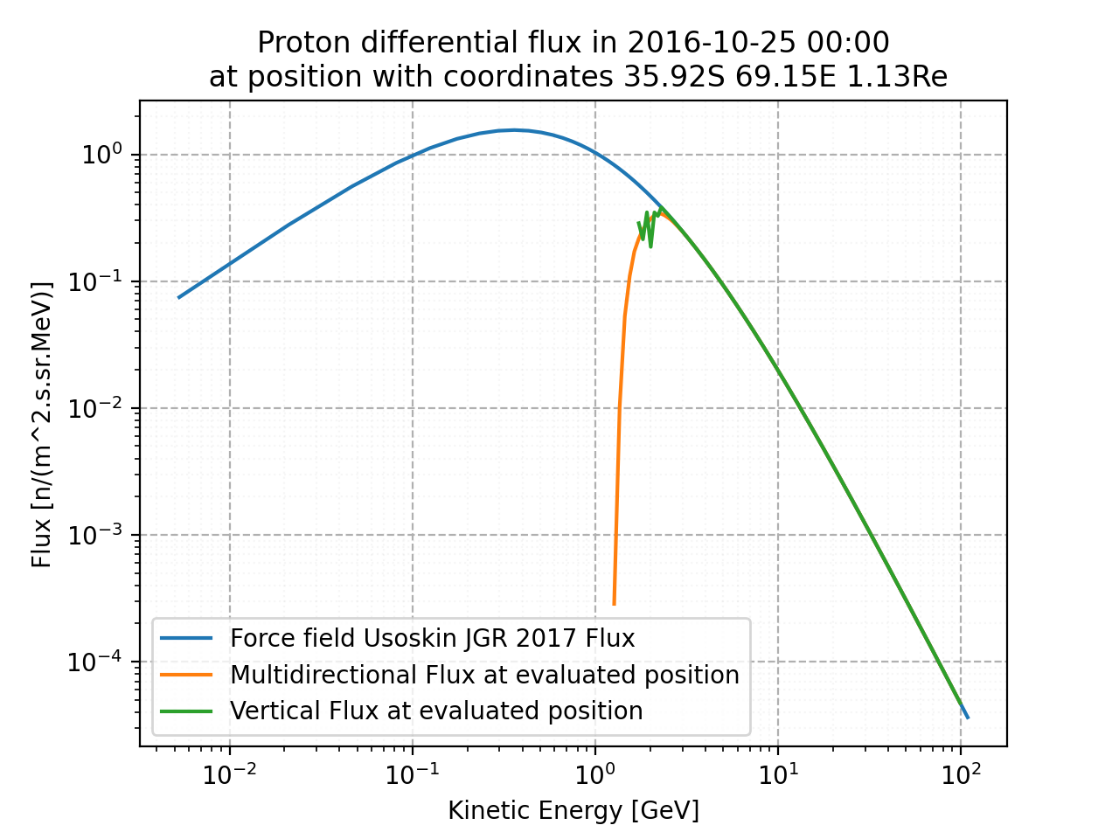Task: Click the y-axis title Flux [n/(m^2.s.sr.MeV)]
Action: click(x=42, y=424)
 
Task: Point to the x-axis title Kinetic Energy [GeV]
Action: click(x=573, y=810)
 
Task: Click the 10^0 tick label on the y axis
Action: click(x=101, y=155)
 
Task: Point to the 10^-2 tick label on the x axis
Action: click(x=229, y=773)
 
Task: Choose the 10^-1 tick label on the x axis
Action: click(x=412, y=773)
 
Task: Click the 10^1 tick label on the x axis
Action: click(x=778, y=773)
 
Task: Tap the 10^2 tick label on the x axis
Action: click(x=961, y=773)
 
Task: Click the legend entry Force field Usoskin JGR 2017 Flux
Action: click(x=432, y=639)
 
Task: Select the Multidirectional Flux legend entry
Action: click(x=484, y=675)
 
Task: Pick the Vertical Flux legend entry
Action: click(x=436, y=711)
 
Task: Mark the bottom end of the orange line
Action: click(x=614, y=603)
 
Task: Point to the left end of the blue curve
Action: click(x=179, y=297)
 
